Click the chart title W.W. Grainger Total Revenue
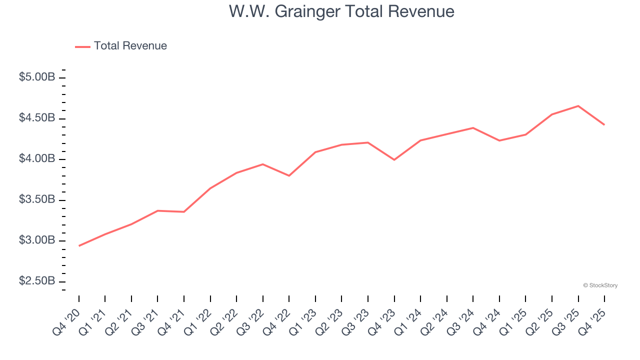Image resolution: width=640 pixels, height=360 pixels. pos(341,11)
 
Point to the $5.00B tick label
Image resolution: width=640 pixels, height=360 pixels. pos(37,77)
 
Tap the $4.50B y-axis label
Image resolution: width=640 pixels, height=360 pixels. pos(37,118)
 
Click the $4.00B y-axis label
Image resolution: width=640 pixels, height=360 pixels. pos(37,159)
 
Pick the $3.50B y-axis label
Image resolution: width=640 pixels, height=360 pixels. pos(37,200)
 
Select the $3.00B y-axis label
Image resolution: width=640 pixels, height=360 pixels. pos(37,240)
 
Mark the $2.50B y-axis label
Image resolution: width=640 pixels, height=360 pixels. pos(37,281)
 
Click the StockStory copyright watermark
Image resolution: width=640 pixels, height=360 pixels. pos(600,285)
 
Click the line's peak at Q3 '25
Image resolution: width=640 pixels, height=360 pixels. pos(578,106)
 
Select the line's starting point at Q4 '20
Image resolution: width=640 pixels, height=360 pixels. pos(79,245)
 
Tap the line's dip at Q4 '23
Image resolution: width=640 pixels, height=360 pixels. pos(394,159)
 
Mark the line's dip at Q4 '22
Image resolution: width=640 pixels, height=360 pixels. pos(289,175)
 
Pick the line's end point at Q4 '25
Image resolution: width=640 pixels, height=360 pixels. pos(604,124)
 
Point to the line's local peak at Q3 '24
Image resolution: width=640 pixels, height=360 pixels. pos(473,128)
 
